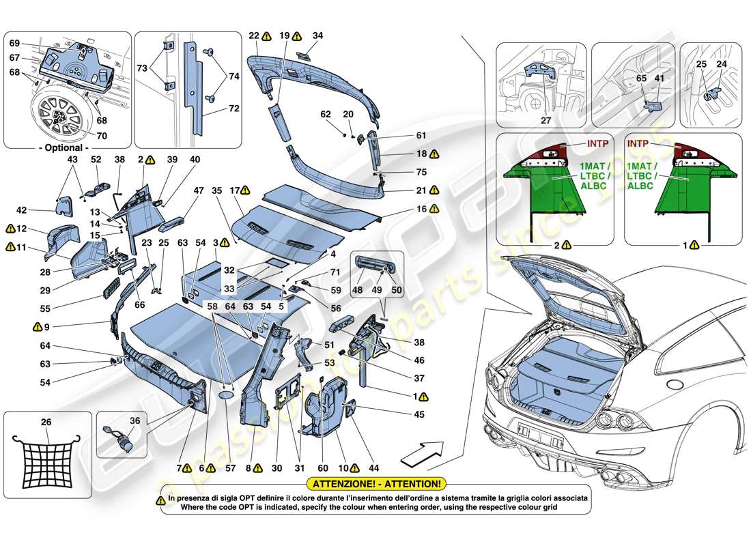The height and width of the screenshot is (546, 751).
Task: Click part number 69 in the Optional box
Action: [14, 43]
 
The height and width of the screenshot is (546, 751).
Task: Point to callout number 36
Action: [134, 421]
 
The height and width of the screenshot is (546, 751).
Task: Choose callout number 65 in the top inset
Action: [641, 79]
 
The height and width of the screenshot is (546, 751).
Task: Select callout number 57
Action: [230, 468]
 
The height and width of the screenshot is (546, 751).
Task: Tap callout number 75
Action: [421, 173]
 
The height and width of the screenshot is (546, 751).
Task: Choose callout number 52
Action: [96, 159]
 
